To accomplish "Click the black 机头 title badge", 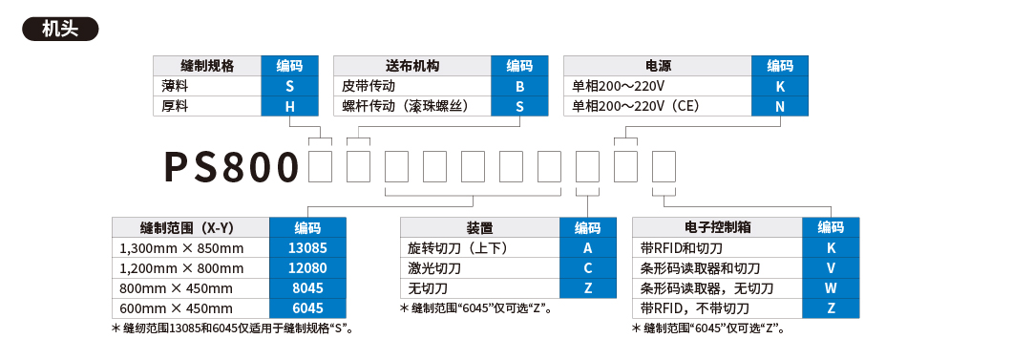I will tap(60, 26).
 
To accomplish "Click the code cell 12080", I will tap(307, 268).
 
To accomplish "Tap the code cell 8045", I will tap(307, 288).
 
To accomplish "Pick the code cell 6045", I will tap(307, 308).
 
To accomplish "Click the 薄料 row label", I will tap(207, 86).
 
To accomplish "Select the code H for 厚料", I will tap(290, 106).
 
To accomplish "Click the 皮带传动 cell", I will tap(412, 86).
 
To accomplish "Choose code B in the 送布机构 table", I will tap(519, 86).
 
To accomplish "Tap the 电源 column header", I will tap(659, 66).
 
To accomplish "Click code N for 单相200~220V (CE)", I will tap(780, 106).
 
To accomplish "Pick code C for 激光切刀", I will tap(587, 268).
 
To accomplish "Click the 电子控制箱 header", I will tap(718, 228).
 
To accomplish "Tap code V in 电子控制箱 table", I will tap(832, 268).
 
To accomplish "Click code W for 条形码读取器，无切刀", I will tap(832, 288).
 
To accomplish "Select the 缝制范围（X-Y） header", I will tap(191, 228).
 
